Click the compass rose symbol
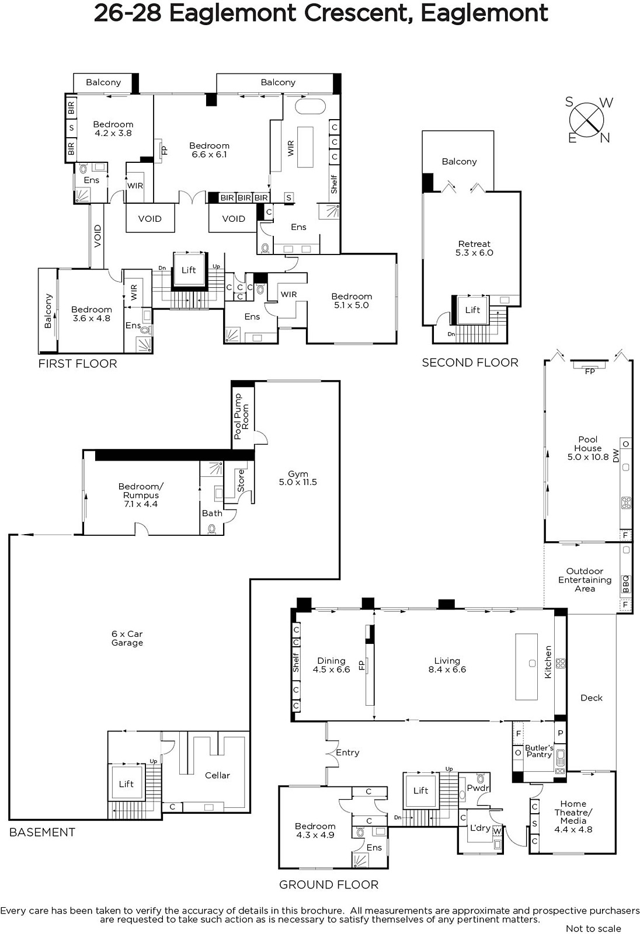(x=587, y=120)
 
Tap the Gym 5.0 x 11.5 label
(x=298, y=478)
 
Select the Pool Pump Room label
(x=241, y=416)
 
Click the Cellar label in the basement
(x=217, y=775)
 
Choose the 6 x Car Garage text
(x=127, y=638)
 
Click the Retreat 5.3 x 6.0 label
(x=474, y=248)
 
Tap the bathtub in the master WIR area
(x=310, y=106)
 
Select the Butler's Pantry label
(x=539, y=751)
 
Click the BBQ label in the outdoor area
(x=625, y=583)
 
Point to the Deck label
(x=592, y=698)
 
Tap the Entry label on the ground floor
(x=347, y=752)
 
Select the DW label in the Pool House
(x=616, y=458)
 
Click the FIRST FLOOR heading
(x=78, y=364)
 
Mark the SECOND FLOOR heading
(x=470, y=363)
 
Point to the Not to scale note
(x=594, y=928)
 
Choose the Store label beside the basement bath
(x=241, y=480)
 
